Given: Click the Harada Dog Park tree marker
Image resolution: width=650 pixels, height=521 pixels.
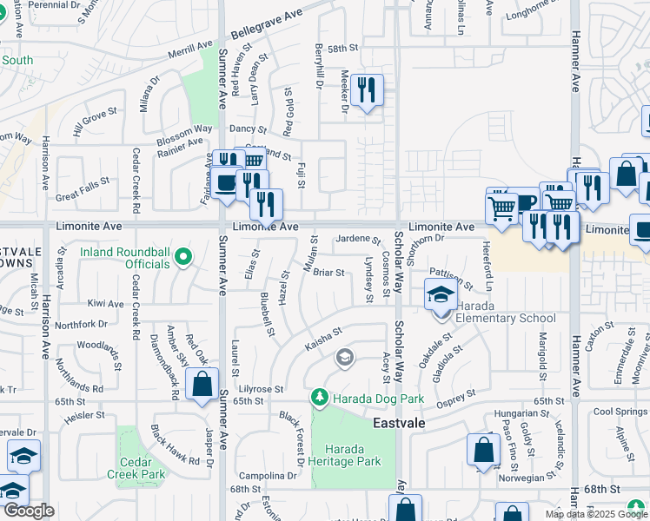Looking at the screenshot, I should [x=319, y=398].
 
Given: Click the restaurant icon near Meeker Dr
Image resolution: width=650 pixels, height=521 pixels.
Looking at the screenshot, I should [x=367, y=89].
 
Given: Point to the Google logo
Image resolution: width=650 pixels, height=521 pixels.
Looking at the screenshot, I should [x=29, y=511].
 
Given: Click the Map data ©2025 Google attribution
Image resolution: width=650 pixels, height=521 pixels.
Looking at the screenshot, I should [x=596, y=514].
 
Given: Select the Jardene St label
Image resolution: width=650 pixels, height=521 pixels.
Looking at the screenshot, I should [x=358, y=239].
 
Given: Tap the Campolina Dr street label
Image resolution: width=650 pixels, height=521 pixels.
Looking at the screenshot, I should [x=269, y=476].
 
